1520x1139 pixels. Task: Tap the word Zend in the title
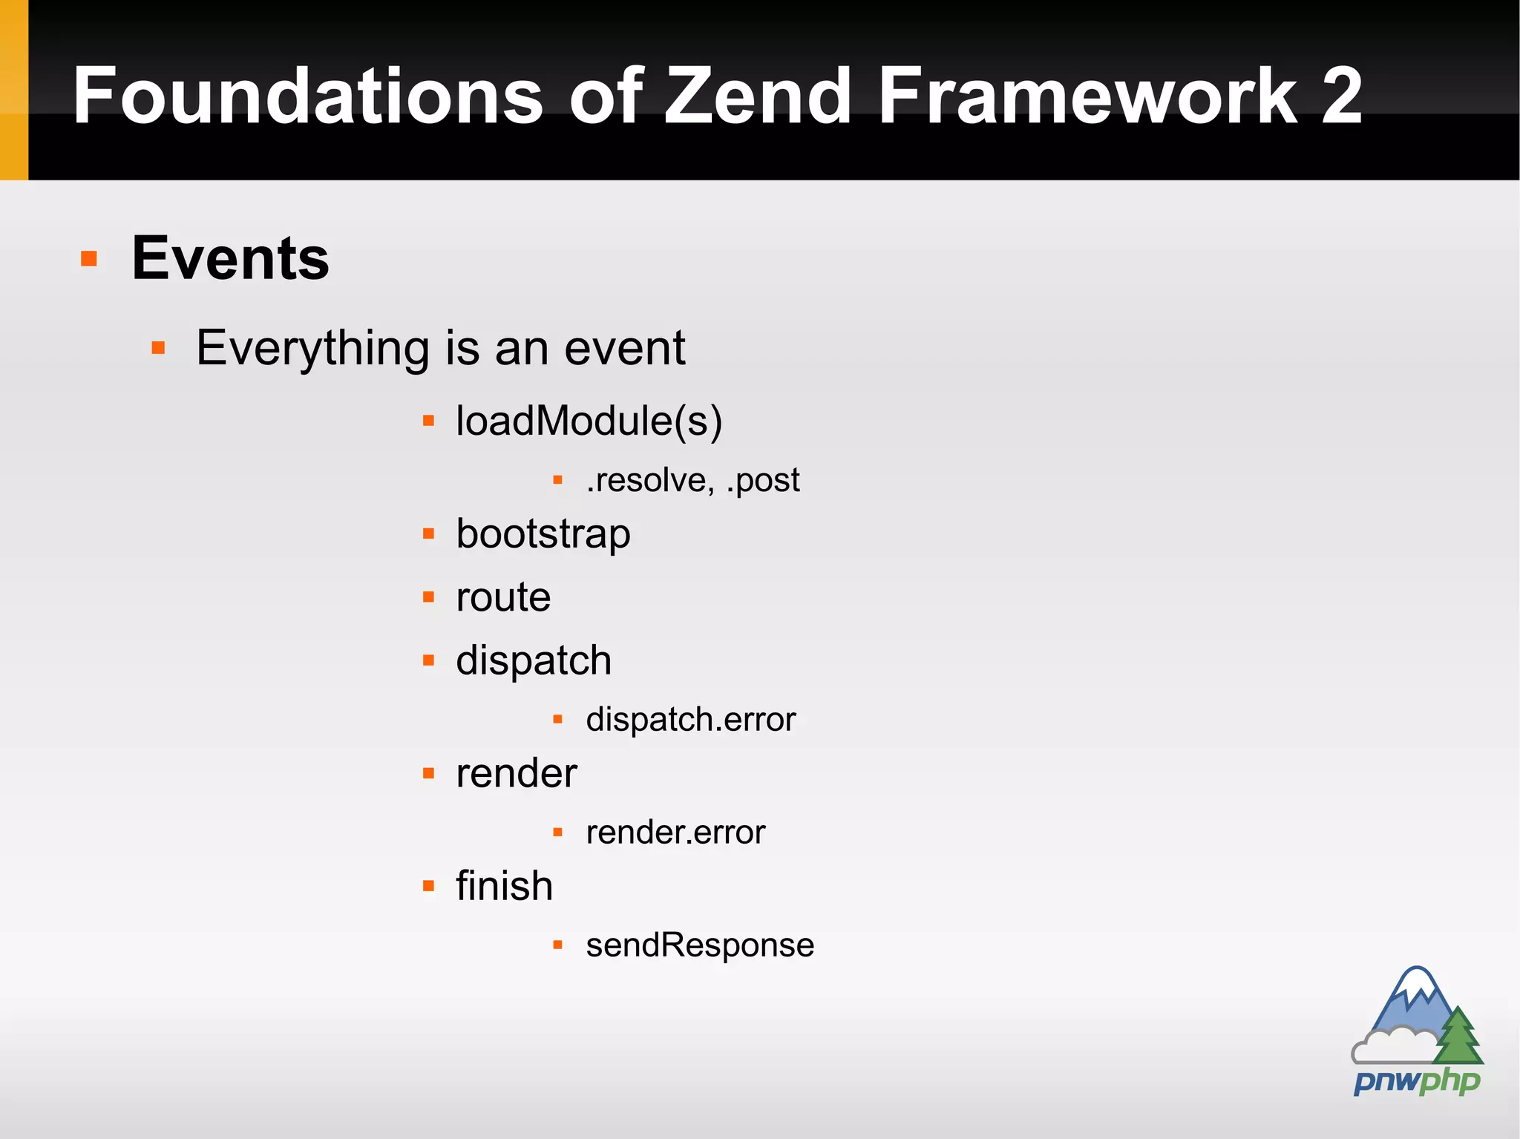point(757,96)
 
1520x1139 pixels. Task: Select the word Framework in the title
point(1087,96)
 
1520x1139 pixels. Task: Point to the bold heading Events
point(230,258)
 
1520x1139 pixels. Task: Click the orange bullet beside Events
point(89,259)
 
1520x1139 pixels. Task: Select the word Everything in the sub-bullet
point(312,348)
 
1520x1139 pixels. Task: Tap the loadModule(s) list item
point(589,421)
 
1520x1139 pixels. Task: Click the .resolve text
point(649,480)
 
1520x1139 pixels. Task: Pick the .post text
point(763,481)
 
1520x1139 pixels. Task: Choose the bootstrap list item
point(543,534)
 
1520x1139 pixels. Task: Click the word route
point(503,597)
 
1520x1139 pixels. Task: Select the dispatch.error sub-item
point(690,719)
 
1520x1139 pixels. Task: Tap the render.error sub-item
point(675,833)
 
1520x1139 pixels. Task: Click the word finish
point(504,886)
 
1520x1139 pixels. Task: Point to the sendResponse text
point(700,945)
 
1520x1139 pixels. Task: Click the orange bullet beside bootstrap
point(428,534)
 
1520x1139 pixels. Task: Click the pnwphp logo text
point(1416,1081)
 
